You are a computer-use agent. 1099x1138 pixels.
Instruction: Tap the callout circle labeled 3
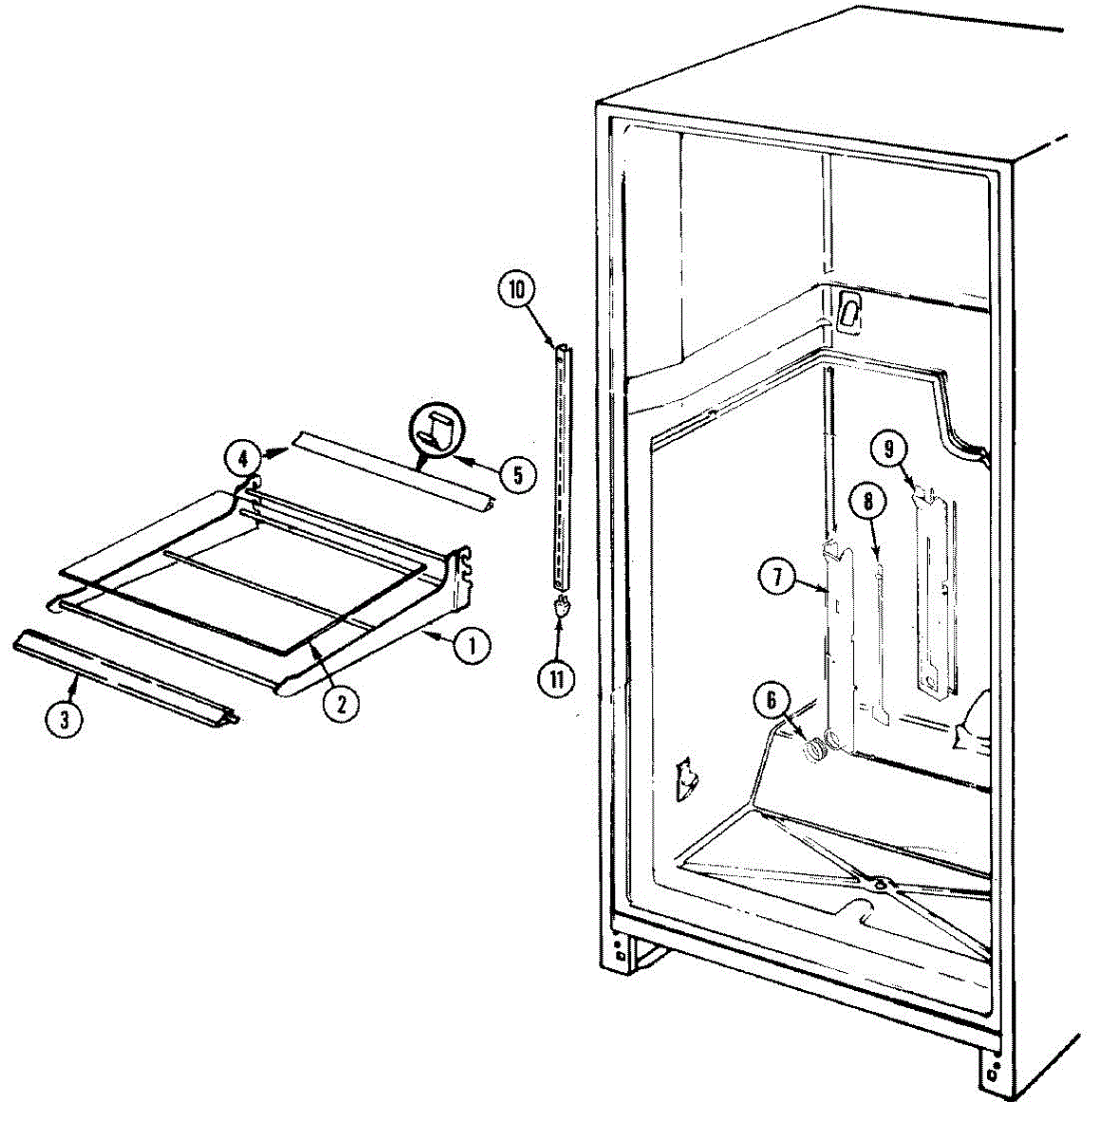(x=65, y=718)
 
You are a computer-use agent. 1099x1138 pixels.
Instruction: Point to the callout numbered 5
(x=517, y=474)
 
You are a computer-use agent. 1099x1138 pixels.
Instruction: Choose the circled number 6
(x=771, y=701)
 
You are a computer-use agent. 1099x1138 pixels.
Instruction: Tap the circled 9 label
(x=889, y=450)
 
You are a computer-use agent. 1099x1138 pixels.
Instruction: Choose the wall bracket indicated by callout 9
(x=934, y=588)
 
